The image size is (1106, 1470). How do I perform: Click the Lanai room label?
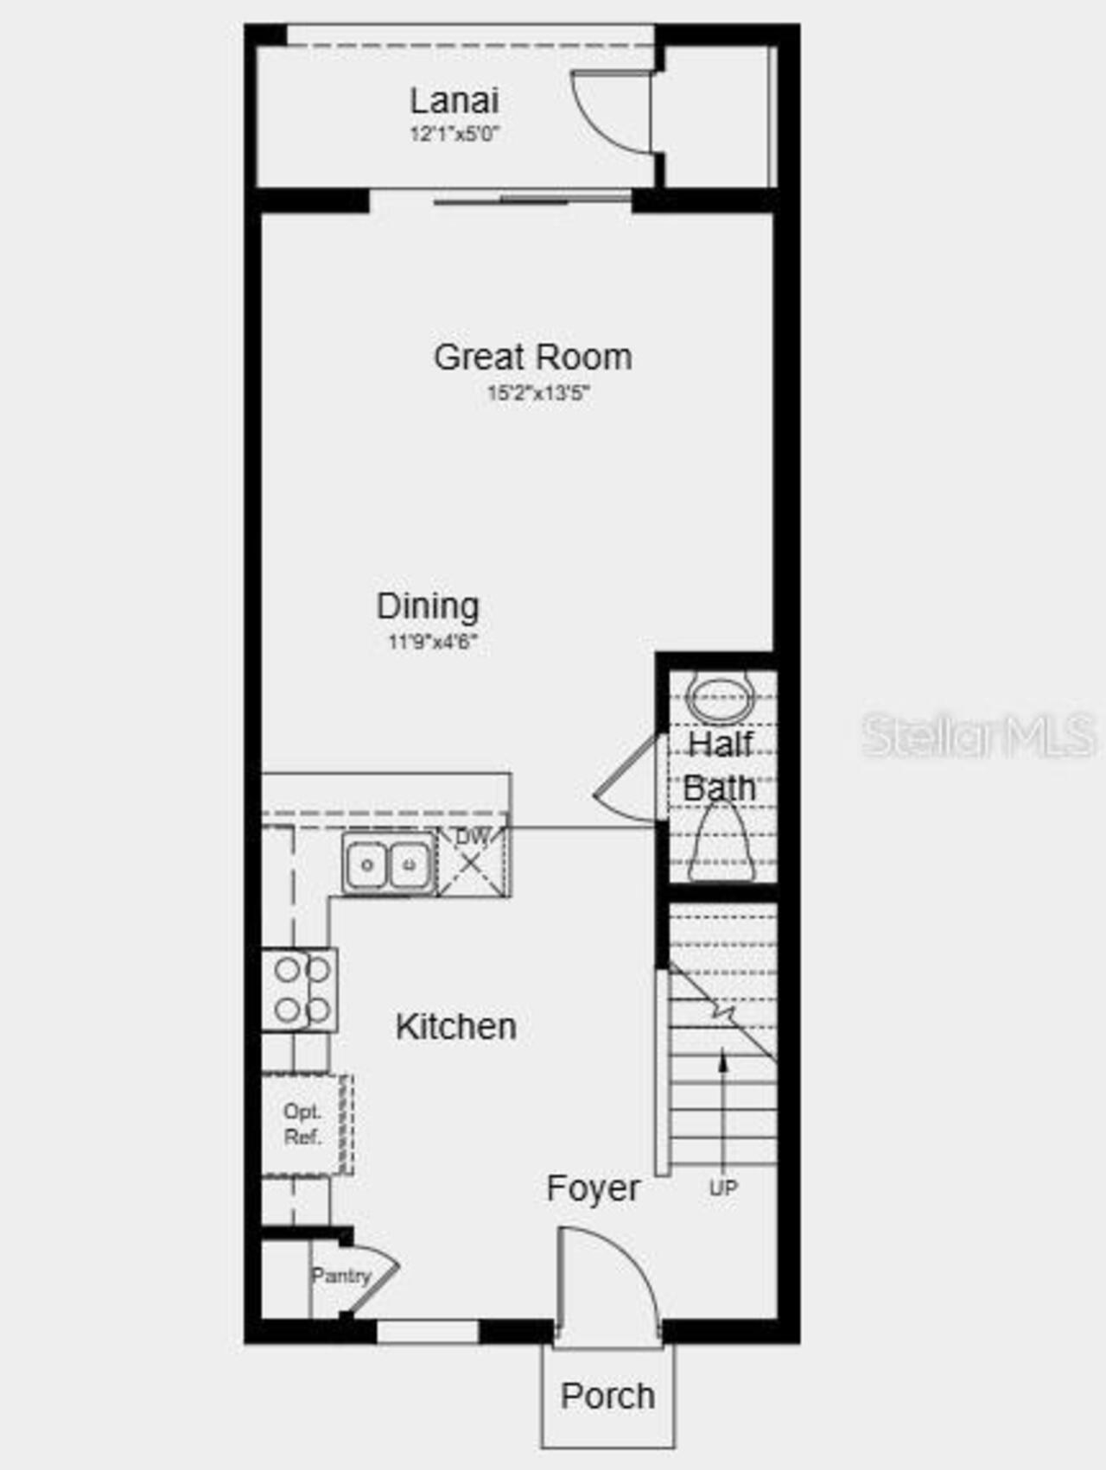click(454, 100)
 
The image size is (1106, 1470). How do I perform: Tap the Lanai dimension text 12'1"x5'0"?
click(455, 134)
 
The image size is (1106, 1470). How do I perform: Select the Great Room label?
click(532, 357)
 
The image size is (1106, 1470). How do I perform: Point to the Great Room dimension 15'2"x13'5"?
click(537, 394)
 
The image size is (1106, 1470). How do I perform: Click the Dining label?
click(428, 605)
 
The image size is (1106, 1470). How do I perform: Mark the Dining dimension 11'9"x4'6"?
click(432, 642)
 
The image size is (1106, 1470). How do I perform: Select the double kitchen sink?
click(388, 864)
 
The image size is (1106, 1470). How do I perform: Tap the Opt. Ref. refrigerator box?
click(304, 1125)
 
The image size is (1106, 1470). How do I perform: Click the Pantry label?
click(340, 1275)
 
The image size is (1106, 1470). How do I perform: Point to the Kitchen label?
click(455, 1026)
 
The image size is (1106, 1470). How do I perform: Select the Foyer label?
click(593, 1188)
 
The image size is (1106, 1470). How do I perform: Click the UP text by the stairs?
click(723, 1188)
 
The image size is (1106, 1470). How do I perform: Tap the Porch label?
click(607, 1396)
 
